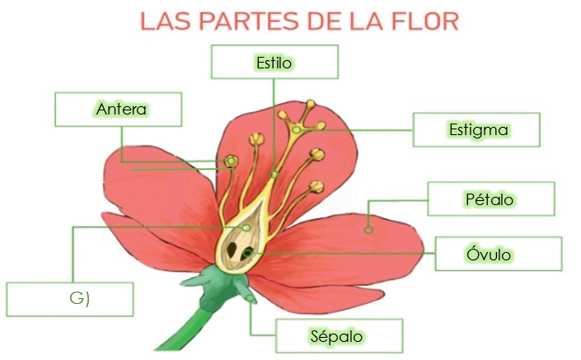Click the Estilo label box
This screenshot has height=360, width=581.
274,62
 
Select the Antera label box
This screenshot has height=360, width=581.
119,109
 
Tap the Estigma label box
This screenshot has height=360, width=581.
476,129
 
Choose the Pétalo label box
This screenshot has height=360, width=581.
491,199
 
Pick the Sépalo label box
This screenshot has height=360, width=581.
339,336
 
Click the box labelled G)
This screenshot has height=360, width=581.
70,299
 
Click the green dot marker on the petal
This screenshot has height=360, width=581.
369,230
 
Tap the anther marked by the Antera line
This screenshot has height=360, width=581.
232,160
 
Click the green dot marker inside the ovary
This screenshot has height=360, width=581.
246,227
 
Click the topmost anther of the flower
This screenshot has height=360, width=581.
310,105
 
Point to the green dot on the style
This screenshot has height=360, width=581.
274,174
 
